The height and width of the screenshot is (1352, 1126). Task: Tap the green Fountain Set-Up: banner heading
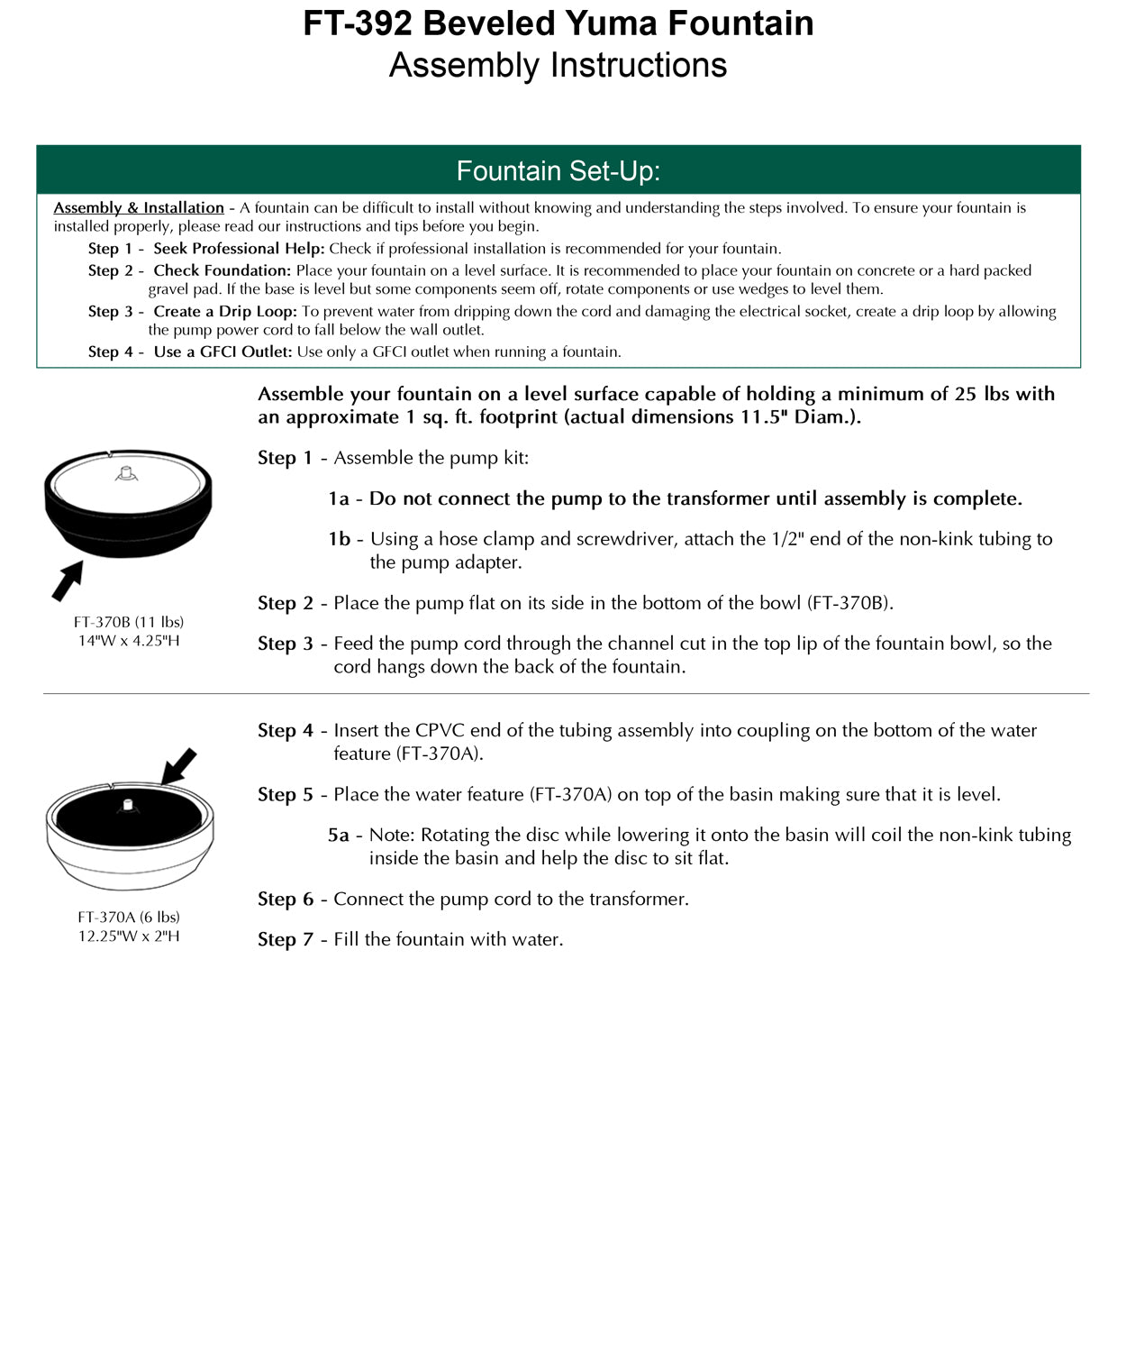tap(558, 170)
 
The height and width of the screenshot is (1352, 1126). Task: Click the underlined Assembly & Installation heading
tap(139, 207)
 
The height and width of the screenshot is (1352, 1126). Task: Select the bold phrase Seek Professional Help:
tap(239, 249)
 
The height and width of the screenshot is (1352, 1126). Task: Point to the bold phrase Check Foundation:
tap(222, 270)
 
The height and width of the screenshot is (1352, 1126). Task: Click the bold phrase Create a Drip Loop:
tap(224, 311)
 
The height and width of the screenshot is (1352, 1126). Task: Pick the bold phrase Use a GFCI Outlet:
tap(222, 352)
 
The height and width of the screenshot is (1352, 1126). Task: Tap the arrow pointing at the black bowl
tap(67, 581)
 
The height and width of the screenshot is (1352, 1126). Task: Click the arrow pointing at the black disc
tap(178, 767)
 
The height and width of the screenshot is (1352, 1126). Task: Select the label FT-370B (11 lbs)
tap(129, 622)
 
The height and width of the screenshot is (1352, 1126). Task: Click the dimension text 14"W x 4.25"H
tap(129, 641)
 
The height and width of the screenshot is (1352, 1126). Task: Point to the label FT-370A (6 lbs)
tap(129, 917)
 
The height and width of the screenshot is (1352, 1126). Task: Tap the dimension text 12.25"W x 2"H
tap(129, 936)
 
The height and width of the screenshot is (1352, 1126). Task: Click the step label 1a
tap(339, 498)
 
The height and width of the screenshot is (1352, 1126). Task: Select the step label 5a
tap(339, 836)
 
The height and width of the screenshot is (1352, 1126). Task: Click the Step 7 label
tap(286, 939)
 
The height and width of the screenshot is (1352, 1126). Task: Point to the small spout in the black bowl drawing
tap(127, 472)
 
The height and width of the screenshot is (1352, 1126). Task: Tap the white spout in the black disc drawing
tap(128, 804)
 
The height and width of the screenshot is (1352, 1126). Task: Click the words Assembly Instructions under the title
tap(558, 66)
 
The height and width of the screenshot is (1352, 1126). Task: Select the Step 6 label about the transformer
tap(286, 899)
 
